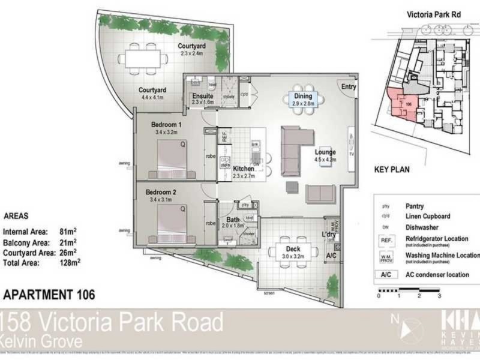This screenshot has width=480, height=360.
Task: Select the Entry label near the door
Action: click(x=348, y=87)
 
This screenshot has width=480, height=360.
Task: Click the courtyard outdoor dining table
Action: click(x=143, y=58)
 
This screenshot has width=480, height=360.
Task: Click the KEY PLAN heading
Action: click(x=392, y=170)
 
